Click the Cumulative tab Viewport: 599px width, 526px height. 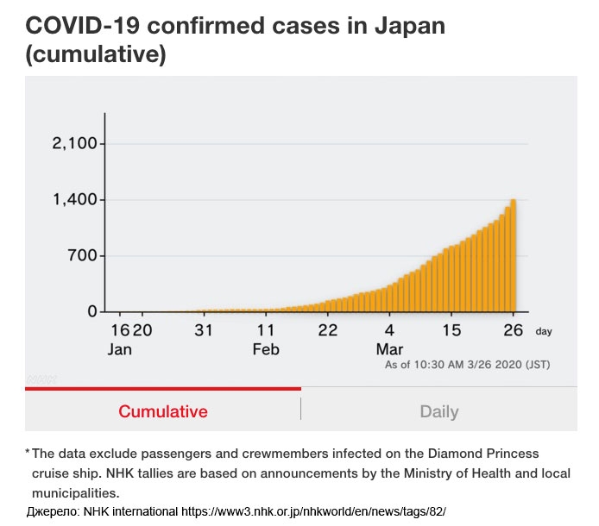[x=163, y=411]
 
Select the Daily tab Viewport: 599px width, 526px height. [x=438, y=411]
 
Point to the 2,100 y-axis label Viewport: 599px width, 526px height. [x=79, y=143]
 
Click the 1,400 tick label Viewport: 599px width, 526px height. [x=79, y=200]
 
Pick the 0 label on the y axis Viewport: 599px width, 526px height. [x=91, y=311]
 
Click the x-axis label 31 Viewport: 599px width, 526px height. [x=204, y=330]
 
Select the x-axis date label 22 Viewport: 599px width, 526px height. [x=327, y=330]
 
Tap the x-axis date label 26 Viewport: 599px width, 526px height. [x=514, y=330]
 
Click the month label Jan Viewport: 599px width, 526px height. [x=120, y=350]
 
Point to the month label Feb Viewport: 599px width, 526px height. [x=266, y=350]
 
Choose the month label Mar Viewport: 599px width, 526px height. [x=389, y=350]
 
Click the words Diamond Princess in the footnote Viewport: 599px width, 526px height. [x=487, y=453]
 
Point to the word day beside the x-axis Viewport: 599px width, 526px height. [x=543, y=331]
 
